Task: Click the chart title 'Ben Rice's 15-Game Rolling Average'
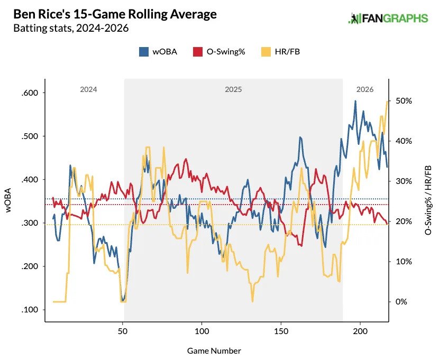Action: (x=115, y=14)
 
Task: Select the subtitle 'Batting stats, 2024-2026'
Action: (x=71, y=29)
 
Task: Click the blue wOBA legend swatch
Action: (x=143, y=52)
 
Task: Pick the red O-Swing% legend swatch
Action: (x=197, y=52)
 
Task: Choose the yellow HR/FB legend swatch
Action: (x=266, y=52)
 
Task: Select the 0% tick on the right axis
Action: (x=402, y=302)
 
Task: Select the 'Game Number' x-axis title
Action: (x=214, y=350)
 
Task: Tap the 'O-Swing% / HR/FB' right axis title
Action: (x=428, y=200)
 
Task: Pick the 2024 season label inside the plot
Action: (x=88, y=90)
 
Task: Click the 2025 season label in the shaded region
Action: (x=233, y=90)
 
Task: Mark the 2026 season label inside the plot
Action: (x=365, y=90)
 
